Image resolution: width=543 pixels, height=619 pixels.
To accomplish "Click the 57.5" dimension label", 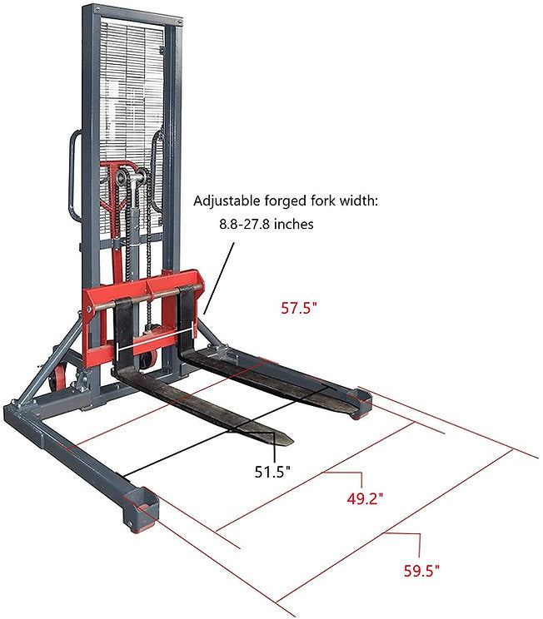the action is tap(299, 308).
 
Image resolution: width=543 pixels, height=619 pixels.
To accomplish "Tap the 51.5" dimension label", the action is tap(272, 472).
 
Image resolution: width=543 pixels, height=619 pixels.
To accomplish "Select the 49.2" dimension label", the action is tap(365, 498).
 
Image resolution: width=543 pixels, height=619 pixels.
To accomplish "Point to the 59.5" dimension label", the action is tap(421, 571).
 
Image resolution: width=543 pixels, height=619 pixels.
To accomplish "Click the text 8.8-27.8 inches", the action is tap(267, 225).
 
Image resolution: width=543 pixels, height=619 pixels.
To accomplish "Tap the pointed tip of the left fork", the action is tap(291, 441).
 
